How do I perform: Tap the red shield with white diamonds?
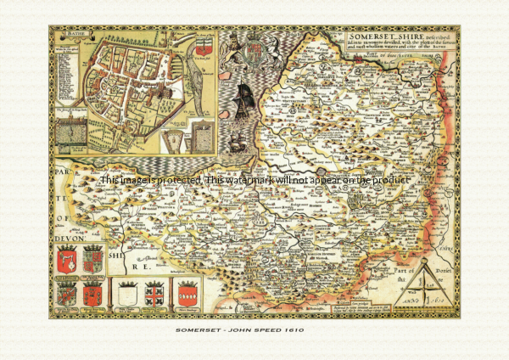click(187, 293)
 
